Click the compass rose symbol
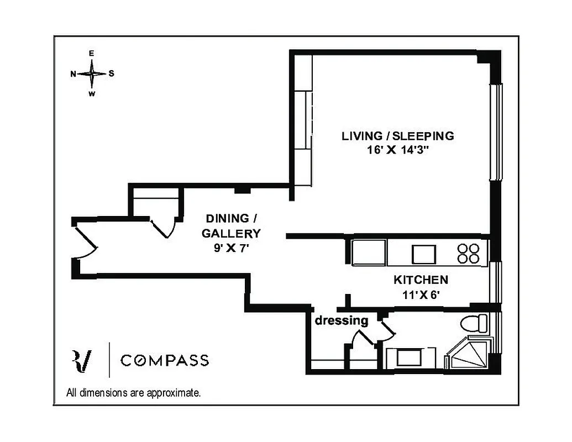coord(92,73)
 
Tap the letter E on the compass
coord(92,54)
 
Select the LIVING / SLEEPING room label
coord(397,136)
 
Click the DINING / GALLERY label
coord(231,225)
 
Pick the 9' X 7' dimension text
coord(231,249)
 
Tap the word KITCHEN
coord(421,280)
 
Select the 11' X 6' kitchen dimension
coord(421,295)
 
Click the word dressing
coord(342,320)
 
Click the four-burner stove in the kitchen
coord(469,253)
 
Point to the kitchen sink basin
coord(424,254)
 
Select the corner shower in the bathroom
coord(469,355)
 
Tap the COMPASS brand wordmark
coord(165,361)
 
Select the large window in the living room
coord(496,132)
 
